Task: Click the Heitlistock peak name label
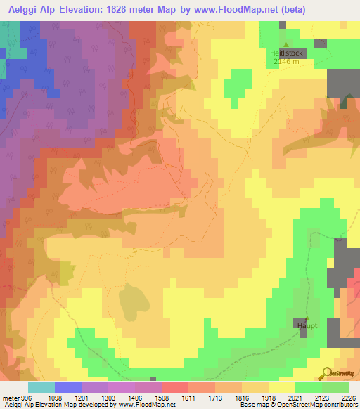pyautogui.click(x=286, y=53)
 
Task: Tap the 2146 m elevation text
pyautogui.click(x=286, y=62)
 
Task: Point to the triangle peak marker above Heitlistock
pyautogui.click(x=285, y=45)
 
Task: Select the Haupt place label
pyautogui.click(x=307, y=326)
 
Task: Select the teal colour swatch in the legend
pyautogui.click(x=41, y=387)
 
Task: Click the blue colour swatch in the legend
pyautogui.click(x=68, y=387)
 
